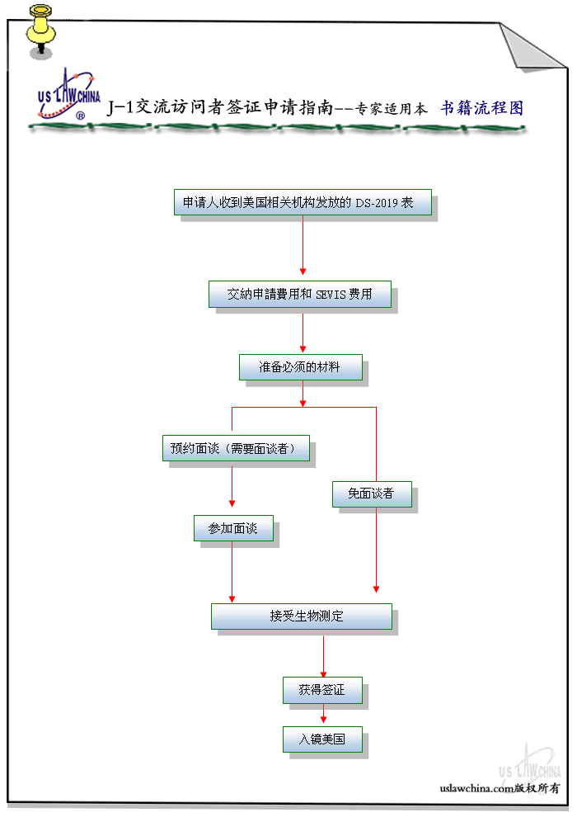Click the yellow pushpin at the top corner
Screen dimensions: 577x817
pyautogui.click(x=40, y=31)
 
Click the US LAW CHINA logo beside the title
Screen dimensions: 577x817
pyautogui.click(x=68, y=94)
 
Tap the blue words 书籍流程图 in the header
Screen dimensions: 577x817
pyautogui.click(x=481, y=108)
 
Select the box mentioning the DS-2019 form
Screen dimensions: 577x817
pyautogui.click(x=303, y=202)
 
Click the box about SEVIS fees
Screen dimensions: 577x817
pyautogui.click(x=300, y=295)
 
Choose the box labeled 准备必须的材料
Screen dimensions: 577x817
pyautogui.click(x=300, y=367)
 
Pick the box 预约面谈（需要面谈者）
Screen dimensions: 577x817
pyautogui.click(x=236, y=448)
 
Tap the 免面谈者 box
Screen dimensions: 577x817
pyautogui.click(x=372, y=494)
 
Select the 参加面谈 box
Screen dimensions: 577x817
pyautogui.click(x=233, y=528)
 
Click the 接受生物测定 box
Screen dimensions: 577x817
pyautogui.click(x=301, y=616)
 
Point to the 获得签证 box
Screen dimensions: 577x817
pyautogui.click(x=322, y=691)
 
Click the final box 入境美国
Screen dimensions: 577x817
pyautogui.click(x=322, y=739)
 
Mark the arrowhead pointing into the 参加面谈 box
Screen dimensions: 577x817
pyautogui.click(x=232, y=503)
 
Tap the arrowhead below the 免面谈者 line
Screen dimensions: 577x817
pyautogui.click(x=376, y=588)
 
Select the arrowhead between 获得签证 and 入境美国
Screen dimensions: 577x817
pyautogui.click(x=323, y=719)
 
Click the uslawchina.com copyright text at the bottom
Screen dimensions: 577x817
pyautogui.click(x=500, y=788)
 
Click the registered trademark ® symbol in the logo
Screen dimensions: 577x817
pyautogui.click(x=81, y=116)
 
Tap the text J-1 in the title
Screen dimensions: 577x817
pyautogui.click(x=120, y=107)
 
